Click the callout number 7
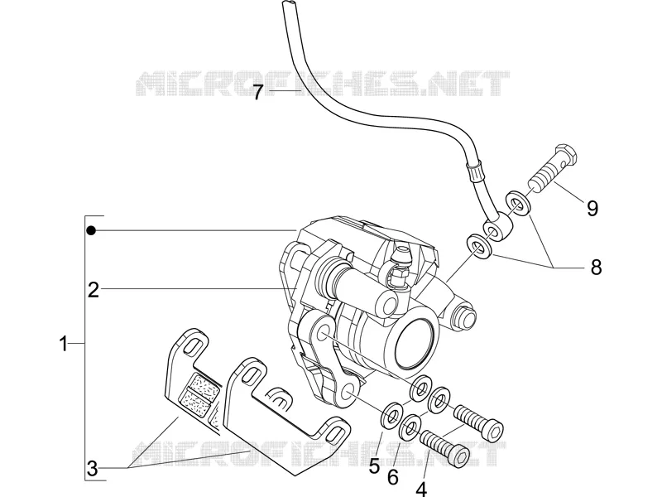pos(258,92)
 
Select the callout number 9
pos(592,208)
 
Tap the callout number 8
pos(596,267)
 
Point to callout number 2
pos(94,290)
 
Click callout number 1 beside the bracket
pos(64,344)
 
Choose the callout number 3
pos(92,468)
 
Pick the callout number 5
pos(374,466)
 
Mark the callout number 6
pos(392,478)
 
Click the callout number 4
pos(421,489)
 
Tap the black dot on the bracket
pos(91,230)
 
